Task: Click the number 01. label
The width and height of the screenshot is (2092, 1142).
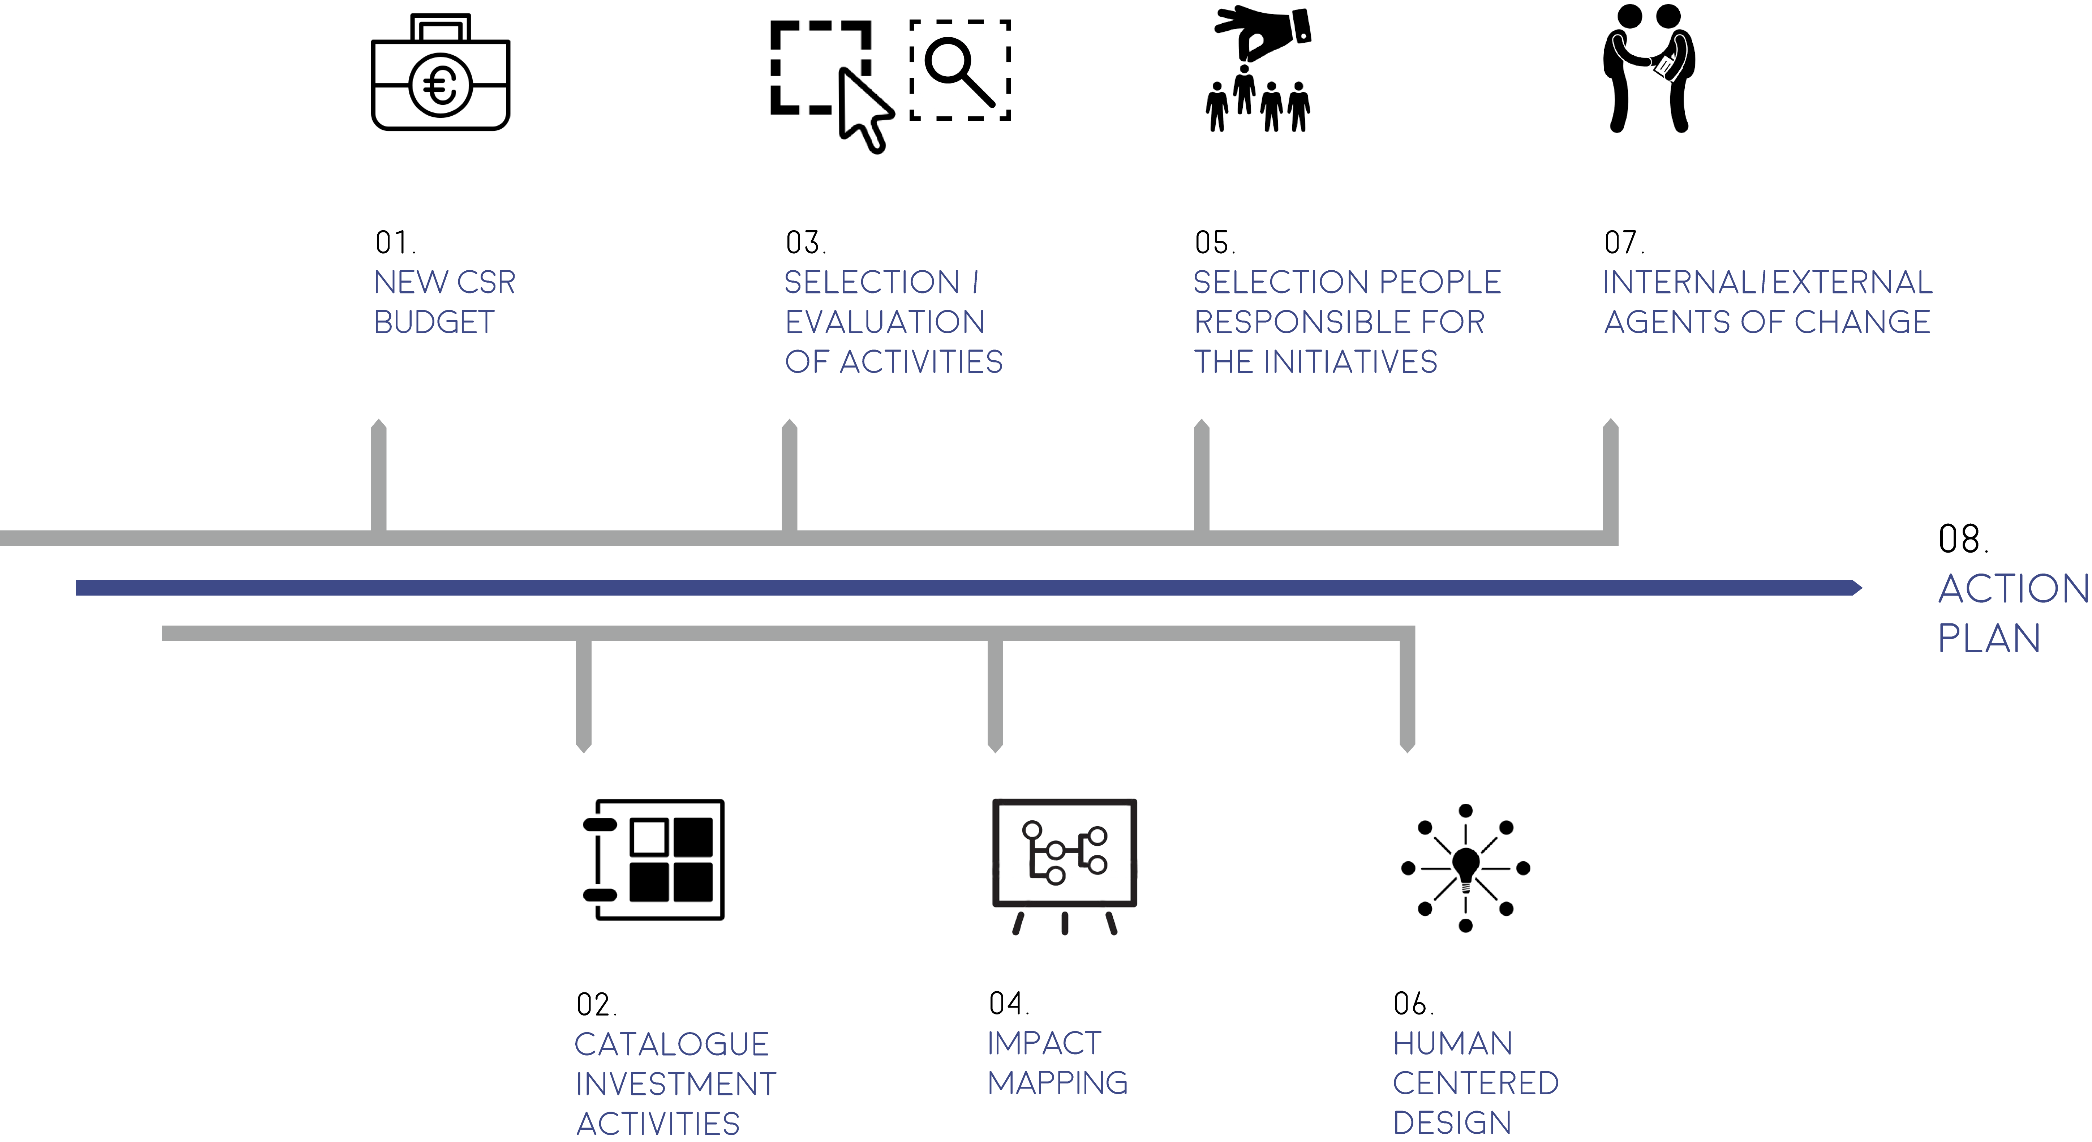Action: (395, 242)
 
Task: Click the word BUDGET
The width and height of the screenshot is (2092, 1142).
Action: (434, 322)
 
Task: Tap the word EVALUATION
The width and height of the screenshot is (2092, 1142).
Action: (884, 322)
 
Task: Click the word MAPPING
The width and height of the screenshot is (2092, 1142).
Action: (1057, 1083)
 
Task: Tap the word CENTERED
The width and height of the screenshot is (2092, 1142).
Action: (1475, 1083)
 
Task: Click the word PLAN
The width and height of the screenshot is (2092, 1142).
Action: (1989, 639)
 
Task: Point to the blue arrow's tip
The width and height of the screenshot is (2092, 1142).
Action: (1861, 587)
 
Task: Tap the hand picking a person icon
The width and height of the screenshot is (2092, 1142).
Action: (1258, 69)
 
